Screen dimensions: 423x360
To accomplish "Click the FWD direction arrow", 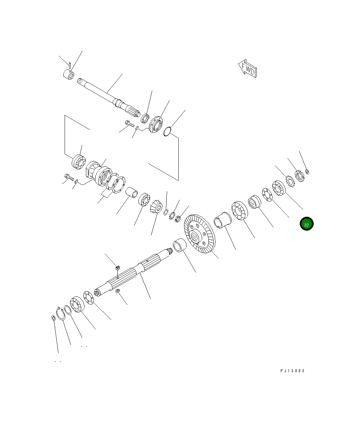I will (x=247, y=69).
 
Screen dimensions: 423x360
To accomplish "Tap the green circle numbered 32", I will (x=306, y=224).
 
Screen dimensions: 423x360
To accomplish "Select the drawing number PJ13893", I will (x=292, y=371).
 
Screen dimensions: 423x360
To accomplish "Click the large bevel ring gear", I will (x=199, y=234).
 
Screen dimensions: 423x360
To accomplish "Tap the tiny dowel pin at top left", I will (x=69, y=64).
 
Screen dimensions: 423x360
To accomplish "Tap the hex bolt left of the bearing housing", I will (x=69, y=177).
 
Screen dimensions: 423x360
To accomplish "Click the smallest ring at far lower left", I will (x=53, y=318).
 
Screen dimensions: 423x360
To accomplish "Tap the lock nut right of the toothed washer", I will (x=299, y=175).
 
